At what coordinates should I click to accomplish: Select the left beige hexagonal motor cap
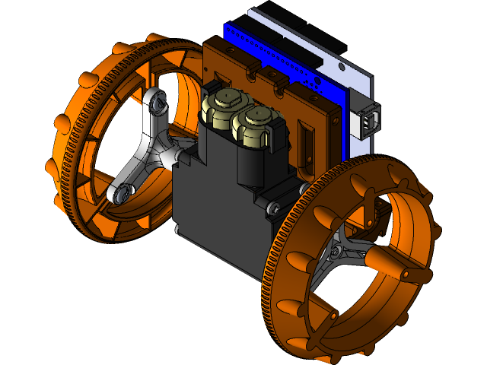point(222,103)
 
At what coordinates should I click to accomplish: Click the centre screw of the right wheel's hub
point(335,251)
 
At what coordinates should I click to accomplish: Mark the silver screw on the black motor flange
point(275,206)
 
